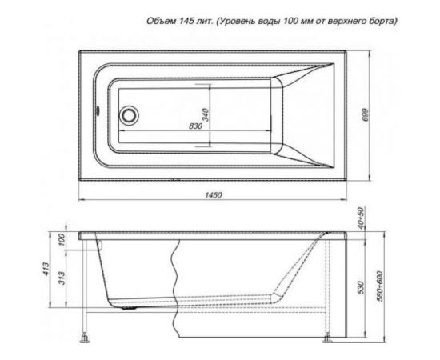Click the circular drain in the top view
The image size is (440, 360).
[129, 116]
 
